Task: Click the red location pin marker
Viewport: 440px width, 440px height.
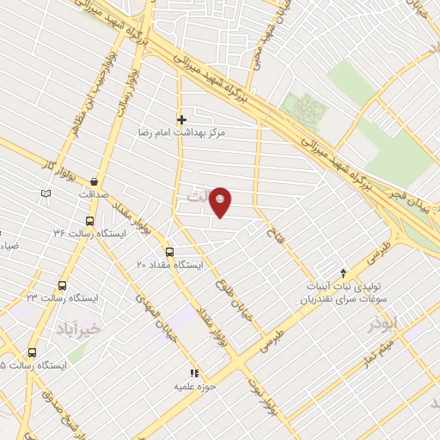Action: coord(221,202)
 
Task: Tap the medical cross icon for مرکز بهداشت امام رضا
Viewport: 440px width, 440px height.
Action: coord(180,119)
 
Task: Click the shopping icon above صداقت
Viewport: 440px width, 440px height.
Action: coord(93,180)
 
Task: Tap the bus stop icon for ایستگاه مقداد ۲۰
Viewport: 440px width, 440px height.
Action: coord(169,253)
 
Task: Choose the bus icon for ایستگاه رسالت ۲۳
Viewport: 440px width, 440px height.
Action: coord(62,285)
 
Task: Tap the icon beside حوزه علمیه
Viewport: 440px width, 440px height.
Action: coord(194,373)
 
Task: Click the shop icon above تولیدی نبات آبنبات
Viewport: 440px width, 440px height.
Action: coord(344,272)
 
